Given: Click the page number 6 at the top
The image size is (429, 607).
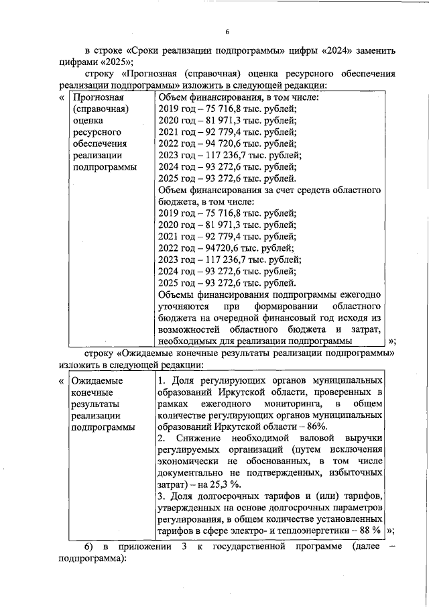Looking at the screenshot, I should [227, 32].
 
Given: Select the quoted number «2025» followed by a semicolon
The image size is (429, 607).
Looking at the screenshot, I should [120, 63].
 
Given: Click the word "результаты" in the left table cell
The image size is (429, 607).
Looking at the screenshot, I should [95, 403].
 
